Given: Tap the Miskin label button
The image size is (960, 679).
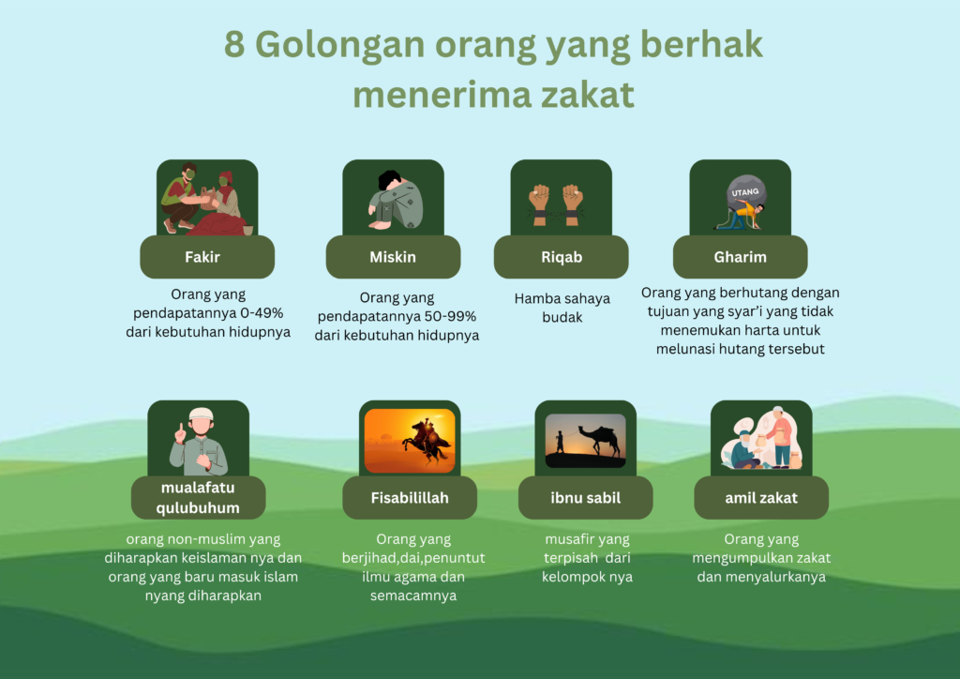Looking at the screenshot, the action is click(393, 257).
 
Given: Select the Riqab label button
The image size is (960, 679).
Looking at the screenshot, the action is click(561, 257).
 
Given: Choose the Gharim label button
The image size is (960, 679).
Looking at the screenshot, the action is click(741, 257).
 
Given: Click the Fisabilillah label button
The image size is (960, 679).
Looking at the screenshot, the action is click(410, 498).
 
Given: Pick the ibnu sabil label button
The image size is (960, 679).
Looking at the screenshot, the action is click(585, 498).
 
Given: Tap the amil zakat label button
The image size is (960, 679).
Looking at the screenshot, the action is click(761, 498).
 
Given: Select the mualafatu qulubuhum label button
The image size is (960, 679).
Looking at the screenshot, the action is click(199, 498).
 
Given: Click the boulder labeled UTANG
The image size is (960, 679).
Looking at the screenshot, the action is click(745, 192).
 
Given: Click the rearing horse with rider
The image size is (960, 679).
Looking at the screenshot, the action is click(427, 442).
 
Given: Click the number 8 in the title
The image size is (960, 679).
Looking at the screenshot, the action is click(234, 45).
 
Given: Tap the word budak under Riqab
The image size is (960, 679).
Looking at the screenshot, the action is click(562, 317).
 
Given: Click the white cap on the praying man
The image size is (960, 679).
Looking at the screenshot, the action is click(201, 414).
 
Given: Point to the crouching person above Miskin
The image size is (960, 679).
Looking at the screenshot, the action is click(395, 201).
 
